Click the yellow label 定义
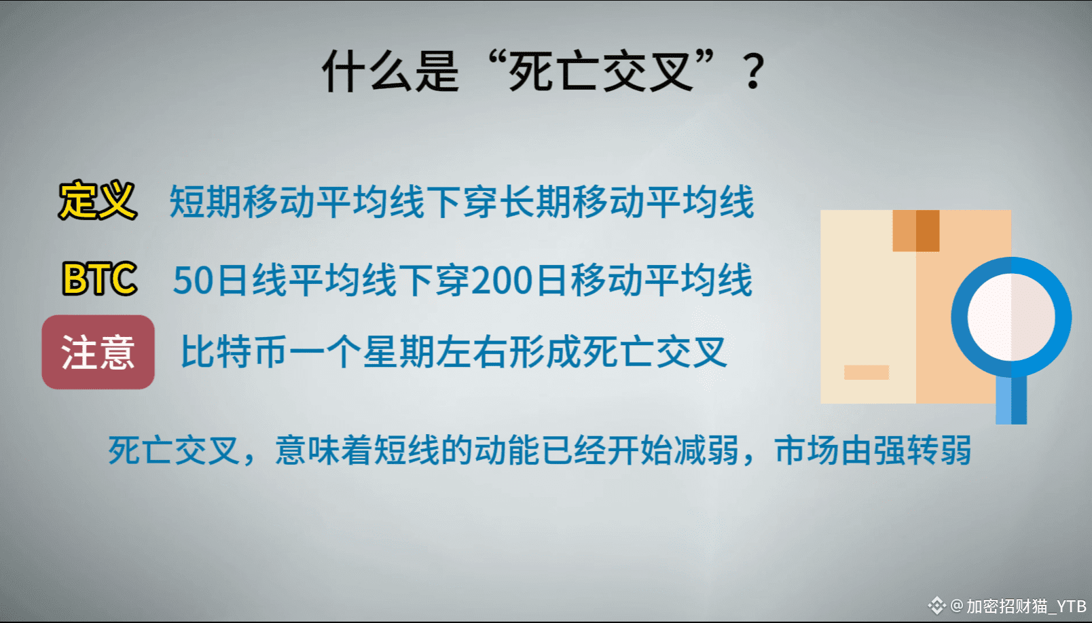coord(98,200)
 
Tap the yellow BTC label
coord(99,279)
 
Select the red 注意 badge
coord(98,352)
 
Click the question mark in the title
coord(753,72)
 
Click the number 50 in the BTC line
coord(193,281)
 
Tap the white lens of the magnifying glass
coord(1011,317)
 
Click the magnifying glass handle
coord(1011,399)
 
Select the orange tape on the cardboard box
coord(916,231)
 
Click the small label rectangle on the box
coord(867,372)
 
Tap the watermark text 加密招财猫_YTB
coord(1027,607)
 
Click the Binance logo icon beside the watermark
coord(937,606)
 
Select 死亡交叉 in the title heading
coord(600,72)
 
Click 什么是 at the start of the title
coord(390,72)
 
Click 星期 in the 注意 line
coord(398,352)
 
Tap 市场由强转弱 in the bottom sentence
coord(873,450)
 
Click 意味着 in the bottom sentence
coord(324,450)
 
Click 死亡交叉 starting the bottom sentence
coord(174,450)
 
